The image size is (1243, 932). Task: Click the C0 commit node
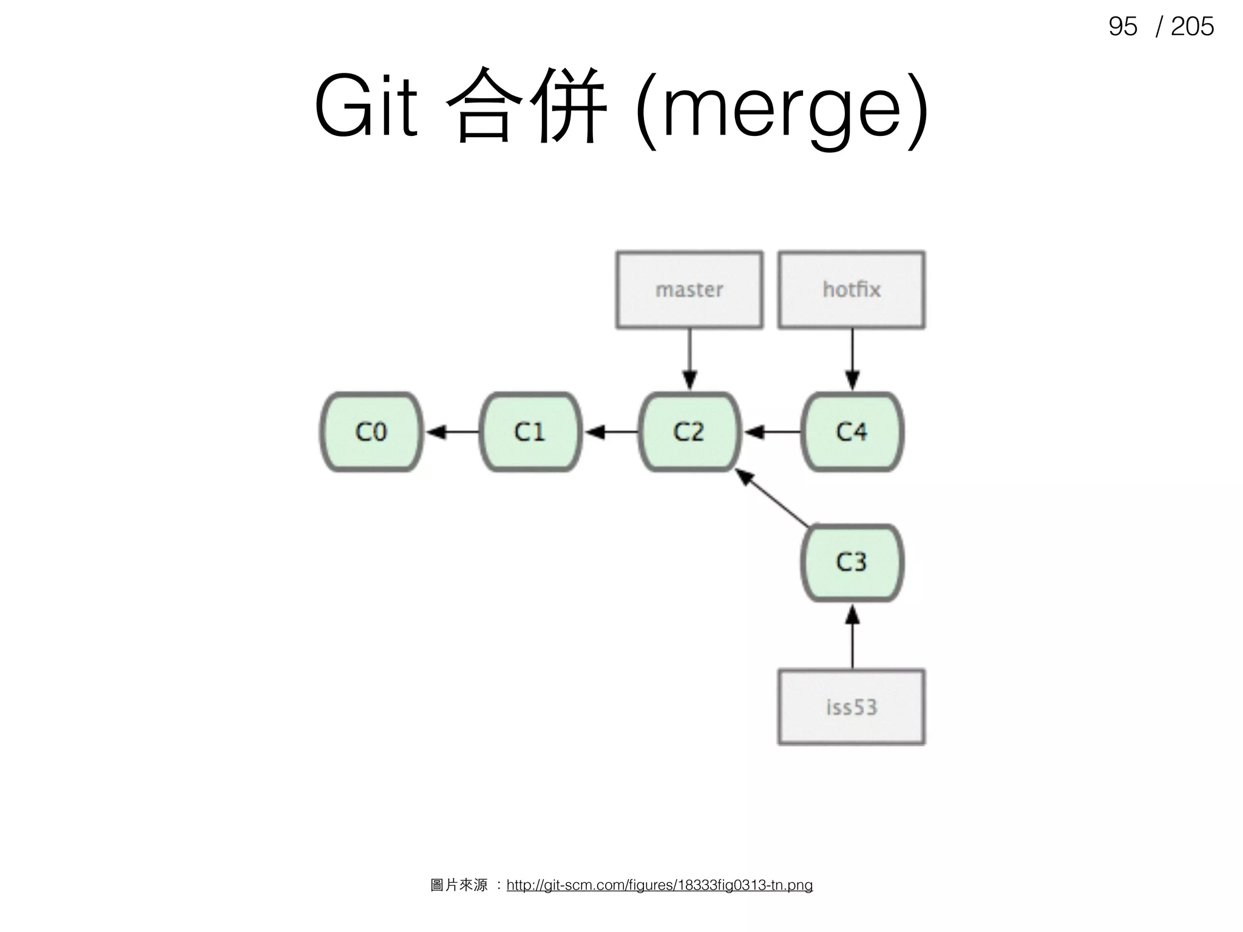tap(371, 432)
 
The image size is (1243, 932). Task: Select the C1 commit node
tap(530, 432)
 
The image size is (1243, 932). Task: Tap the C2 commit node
tap(689, 432)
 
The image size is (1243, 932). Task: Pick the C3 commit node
tap(852, 562)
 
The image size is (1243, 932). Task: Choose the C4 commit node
tap(852, 432)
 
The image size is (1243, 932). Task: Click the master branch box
tap(689, 290)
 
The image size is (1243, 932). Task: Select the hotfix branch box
tap(852, 290)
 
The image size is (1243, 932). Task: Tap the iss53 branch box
tap(852, 707)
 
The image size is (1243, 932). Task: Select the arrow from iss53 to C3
tap(852, 637)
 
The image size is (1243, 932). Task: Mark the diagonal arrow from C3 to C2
tap(773, 498)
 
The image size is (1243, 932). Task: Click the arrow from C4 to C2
tap(771, 432)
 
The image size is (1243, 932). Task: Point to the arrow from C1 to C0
tap(452, 432)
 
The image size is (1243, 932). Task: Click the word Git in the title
tap(366, 106)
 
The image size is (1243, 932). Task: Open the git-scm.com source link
tap(659, 885)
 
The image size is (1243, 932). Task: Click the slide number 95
tap(1122, 27)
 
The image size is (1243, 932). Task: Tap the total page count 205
tap(1192, 27)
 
